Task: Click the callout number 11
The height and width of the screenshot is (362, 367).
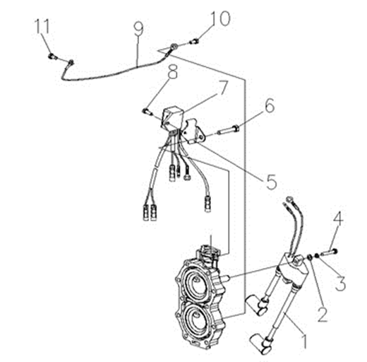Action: pos(42,26)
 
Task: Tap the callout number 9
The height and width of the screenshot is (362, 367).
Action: pos(138,29)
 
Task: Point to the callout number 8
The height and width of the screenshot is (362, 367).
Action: pos(172,71)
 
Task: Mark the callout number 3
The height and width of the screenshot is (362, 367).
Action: pos(340,283)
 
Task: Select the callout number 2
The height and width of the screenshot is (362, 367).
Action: pos(322,314)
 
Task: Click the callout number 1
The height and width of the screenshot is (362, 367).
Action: pos(304,341)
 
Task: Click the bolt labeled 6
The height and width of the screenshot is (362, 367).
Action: pos(229,130)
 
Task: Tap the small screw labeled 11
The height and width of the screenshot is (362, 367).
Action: pos(52,57)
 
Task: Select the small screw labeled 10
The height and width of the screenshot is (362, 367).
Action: pos(195,42)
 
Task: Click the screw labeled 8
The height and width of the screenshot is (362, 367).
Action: pos(148,112)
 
